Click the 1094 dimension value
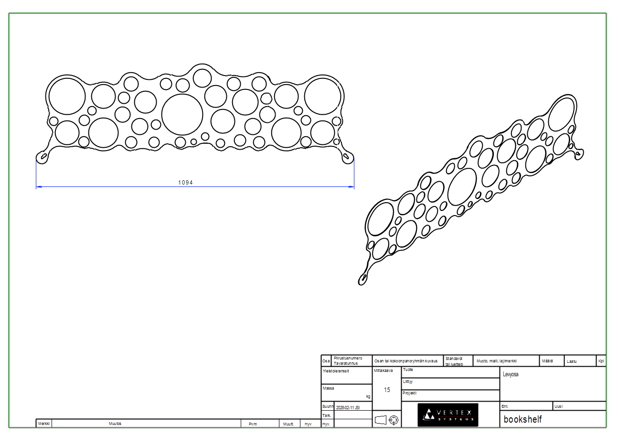185,183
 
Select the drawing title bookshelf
522,420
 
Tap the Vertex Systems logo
448,415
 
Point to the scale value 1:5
387,390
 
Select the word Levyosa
511,374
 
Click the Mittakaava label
383,370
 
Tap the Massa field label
329,388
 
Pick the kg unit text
368,396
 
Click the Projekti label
410,393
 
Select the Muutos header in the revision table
115,424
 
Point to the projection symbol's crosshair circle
394,420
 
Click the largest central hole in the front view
182,115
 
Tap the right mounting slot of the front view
347,156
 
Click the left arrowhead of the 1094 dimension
39,187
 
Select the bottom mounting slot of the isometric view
364,277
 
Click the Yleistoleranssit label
336,371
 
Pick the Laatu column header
572,361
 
